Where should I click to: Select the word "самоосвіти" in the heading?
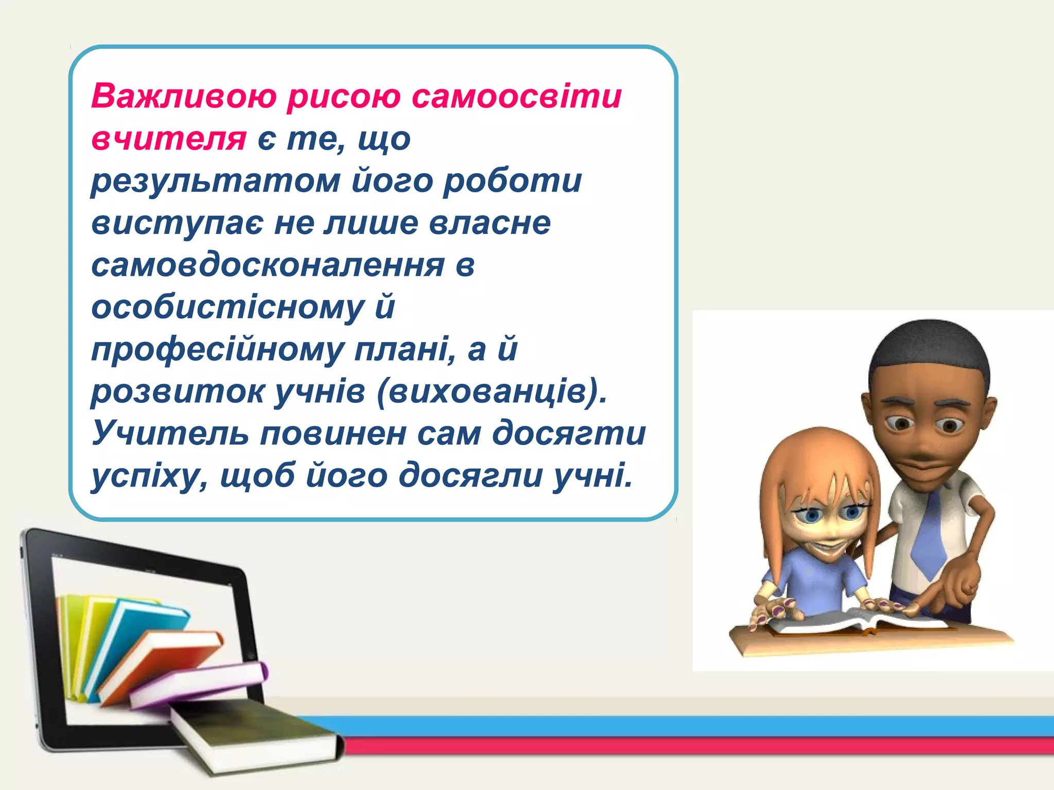point(517,96)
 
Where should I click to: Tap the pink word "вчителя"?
point(169,138)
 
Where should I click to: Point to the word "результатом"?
point(216,182)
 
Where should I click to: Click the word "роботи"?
point(513,181)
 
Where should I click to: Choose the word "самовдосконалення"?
point(268,265)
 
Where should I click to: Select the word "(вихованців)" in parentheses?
point(491,392)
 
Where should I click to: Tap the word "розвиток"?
point(177,392)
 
